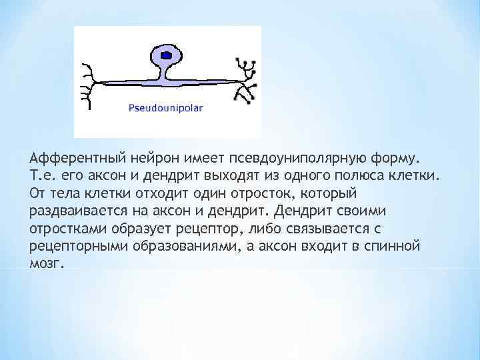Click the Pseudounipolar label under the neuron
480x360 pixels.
pos(166,106)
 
